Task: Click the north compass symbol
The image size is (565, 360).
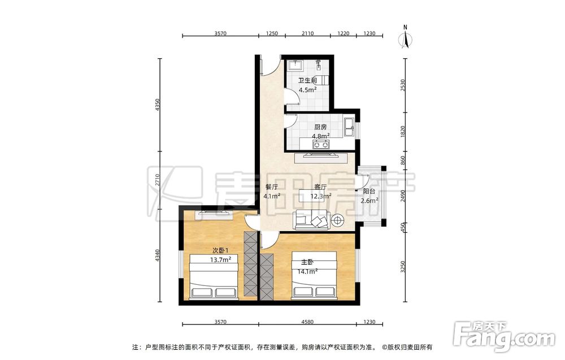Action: [406, 37]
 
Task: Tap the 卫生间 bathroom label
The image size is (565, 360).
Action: [307, 81]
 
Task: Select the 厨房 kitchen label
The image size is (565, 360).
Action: [320, 127]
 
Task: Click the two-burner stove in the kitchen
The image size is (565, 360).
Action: [321, 145]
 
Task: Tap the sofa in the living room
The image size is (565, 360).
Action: [311, 220]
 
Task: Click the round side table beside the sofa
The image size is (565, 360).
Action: [338, 220]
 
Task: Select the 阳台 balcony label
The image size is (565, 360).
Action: [369, 192]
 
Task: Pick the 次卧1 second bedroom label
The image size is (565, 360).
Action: [220, 250]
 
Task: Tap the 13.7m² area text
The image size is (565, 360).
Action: [220, 259]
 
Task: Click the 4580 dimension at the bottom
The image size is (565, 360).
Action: [307, 322]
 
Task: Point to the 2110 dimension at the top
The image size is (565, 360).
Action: [307, 33]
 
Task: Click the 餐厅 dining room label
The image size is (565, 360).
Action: [272, 187]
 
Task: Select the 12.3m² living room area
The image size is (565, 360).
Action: [321, 197]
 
